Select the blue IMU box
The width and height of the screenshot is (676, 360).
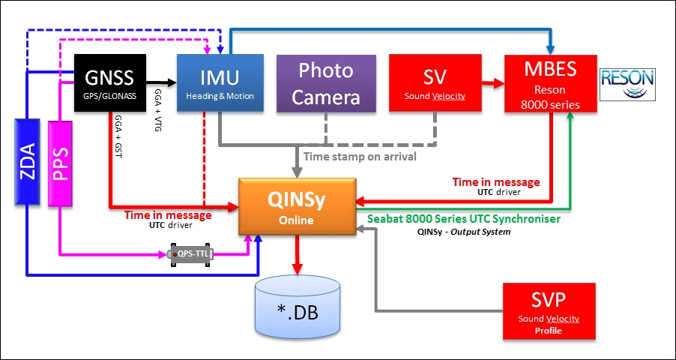point(220,83)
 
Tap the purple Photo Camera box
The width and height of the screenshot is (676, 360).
point(326,83)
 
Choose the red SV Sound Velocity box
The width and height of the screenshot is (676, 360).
point(434,83)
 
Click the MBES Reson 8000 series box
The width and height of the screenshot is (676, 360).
point(550,83)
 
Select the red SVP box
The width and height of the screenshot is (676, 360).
point(550,311)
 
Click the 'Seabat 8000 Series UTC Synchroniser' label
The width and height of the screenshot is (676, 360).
point(464,219)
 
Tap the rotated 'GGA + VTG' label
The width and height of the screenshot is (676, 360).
point(158,106)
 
